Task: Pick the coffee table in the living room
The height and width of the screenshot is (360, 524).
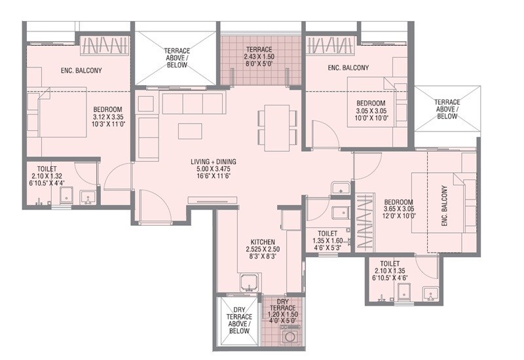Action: (191, 130)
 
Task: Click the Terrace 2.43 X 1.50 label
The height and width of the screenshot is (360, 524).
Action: (260, 58)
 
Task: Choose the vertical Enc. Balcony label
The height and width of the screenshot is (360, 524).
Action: (445, 206)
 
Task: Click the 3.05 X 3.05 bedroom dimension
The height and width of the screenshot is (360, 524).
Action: (371, 112)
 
